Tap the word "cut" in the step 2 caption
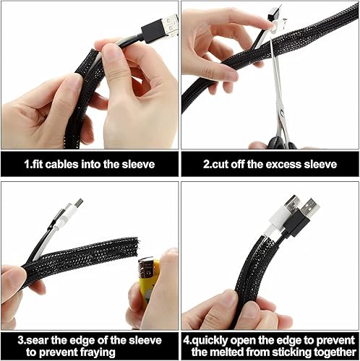218,164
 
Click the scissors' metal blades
278,94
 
